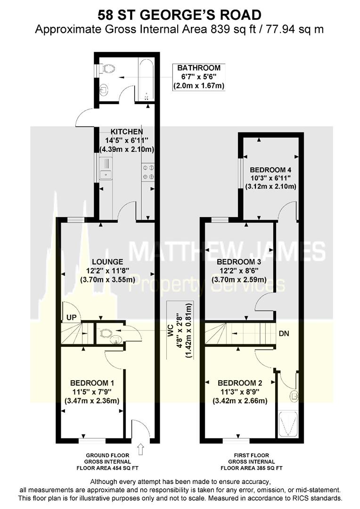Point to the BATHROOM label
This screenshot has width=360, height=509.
(198, 68)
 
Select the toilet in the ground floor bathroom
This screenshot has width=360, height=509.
(108, 69)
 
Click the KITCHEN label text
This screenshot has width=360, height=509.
(127, 131)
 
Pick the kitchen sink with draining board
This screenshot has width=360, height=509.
(106, 170)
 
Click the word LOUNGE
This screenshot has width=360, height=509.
(107, 262)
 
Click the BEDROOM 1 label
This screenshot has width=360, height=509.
(91, 383)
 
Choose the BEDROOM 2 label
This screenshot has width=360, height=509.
(237, 383)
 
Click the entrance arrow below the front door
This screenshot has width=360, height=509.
(140, 447)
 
